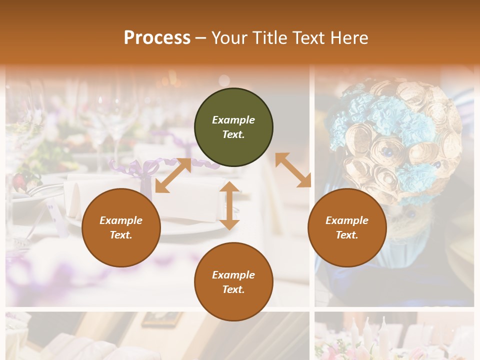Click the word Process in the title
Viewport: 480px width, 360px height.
[157, 38]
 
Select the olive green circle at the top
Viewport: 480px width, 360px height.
[233, 127]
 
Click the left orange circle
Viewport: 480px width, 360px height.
[121, 228]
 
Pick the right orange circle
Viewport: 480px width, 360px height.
[347, 228]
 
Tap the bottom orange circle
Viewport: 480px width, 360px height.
[233, 282]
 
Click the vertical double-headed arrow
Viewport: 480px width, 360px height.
[229, 205]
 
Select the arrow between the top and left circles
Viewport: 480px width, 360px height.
[173, 175]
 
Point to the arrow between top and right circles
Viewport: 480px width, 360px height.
[293, 169]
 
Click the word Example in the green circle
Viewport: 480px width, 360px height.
[233, 120]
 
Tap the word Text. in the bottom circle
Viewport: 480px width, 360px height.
[233, 289]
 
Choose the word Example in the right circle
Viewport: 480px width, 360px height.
[347, 220]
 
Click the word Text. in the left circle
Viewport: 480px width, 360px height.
[121, 235]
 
